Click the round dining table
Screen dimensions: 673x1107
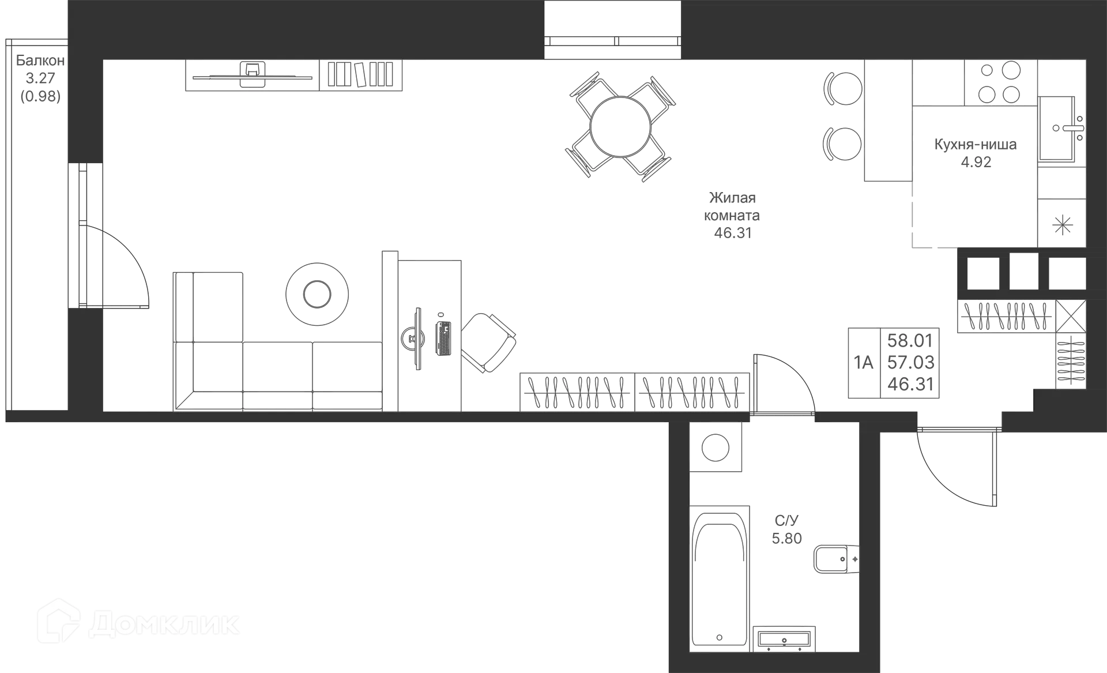click(x=620, y=126)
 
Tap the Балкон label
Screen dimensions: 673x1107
click(x=40, y=61)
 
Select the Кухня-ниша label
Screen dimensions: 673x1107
click(x=976, y=144)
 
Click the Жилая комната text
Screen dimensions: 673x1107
click(x=732, y=206)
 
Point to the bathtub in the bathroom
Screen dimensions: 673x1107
click(x=720, y=577)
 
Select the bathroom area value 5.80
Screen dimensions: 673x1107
click(x=786, y=539)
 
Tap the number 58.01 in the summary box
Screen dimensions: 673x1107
click(x=910, y=341)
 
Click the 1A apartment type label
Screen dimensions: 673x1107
click(x=863, y=363)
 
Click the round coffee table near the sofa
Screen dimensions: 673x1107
click(x=316, y=293)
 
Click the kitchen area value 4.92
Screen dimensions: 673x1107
click(x=976, y=162)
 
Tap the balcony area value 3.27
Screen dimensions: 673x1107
click(x=40, y=78)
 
